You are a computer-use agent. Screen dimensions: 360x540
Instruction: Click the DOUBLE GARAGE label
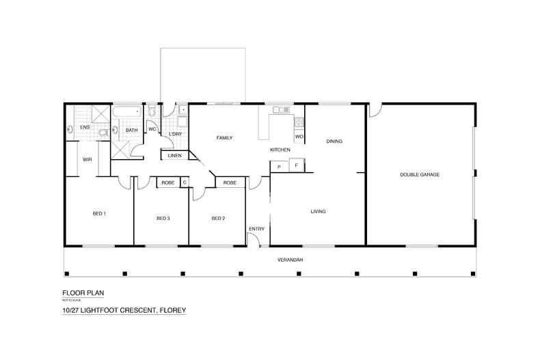click(x=420, y=175)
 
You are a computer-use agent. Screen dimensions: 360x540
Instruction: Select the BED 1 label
click(x=98, y=214)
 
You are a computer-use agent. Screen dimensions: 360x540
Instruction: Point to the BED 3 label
click(x=163, y=219)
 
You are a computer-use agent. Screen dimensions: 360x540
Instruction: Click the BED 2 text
click(x=218, y=219)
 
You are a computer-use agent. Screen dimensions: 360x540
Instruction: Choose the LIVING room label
click(x=318, y=212)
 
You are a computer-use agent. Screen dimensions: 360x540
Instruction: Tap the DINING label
click(x=334, y=141)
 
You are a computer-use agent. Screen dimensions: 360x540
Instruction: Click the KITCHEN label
click(x=280, y=150)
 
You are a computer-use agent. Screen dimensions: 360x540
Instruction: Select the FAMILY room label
click(x=225, y=138)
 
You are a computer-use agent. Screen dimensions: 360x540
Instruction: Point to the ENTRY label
click(x=256, y=229)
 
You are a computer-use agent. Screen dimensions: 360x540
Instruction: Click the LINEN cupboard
click(x=174, y=156)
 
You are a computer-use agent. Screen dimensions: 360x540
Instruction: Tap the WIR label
click(x=87, y=159)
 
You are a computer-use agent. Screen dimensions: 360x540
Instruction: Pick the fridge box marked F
click(x=296, y=165)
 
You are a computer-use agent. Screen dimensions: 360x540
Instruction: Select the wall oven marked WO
click(x=299, y=137)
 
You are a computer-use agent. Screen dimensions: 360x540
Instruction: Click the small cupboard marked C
click(x=184, y=182)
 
